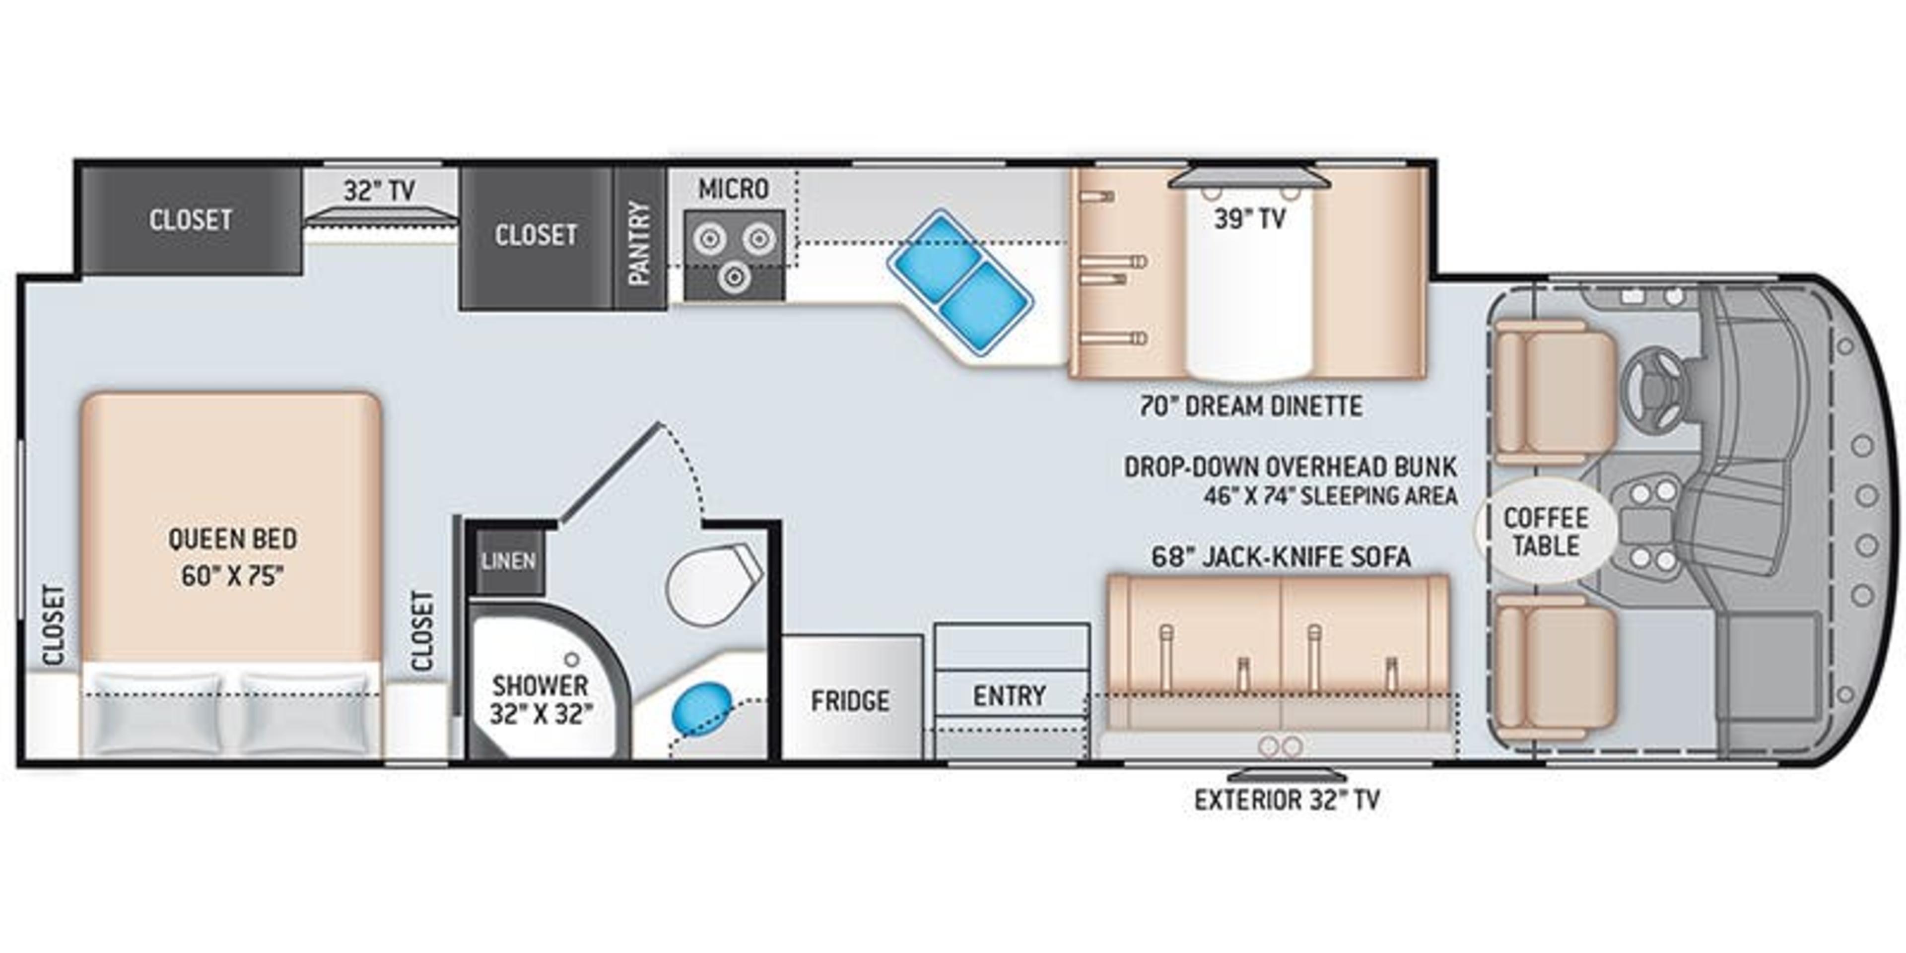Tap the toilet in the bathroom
[710, 585]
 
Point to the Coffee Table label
[1546, 531]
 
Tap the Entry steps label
[1009, 695]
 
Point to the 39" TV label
[1249, 219]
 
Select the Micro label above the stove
[733, 190]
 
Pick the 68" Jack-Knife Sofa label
[1281, 556]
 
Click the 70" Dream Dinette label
[1250, 406]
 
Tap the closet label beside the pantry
[536, 235]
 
